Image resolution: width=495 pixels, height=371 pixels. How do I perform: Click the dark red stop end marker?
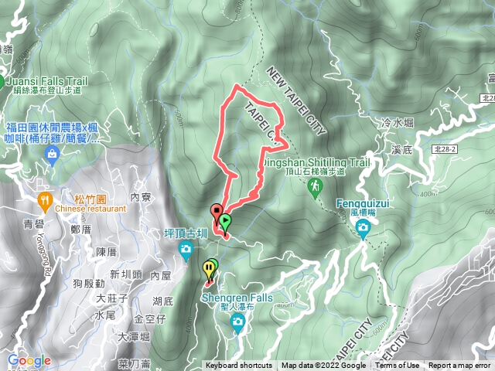217,210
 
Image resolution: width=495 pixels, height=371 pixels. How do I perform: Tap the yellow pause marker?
208,270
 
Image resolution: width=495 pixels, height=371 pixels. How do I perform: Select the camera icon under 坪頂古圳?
186,248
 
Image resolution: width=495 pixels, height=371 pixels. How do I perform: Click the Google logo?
29,361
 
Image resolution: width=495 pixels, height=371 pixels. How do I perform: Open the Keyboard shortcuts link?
238,366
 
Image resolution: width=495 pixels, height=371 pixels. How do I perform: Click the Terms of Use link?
398,366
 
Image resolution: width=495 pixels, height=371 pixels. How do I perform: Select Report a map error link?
459,366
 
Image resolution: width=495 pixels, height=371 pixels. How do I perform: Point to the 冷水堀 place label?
398,122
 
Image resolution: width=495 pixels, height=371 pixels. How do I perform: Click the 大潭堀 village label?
133,336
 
